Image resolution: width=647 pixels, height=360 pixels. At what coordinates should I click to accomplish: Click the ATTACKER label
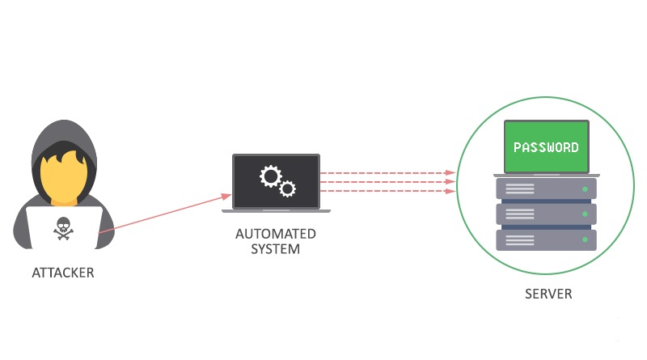pyautogui.click(x=63, y=273)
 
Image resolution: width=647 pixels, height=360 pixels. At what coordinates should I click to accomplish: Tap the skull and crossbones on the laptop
pyautogui.click(x=64, y=228)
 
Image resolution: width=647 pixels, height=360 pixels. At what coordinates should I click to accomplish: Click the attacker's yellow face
pyautogui.click(x=64, y=177)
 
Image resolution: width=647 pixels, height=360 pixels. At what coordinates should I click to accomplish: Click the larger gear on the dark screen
pyautogui.click(x=271, y=176)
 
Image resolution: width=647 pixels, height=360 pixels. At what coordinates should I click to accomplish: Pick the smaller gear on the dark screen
pyautogui.click(x=287, y=189)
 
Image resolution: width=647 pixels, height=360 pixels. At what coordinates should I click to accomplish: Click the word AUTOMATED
pyautogui.click(x=276, y=234)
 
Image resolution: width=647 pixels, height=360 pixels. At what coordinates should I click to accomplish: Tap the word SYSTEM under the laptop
pyautogui.click(x=276, y=249)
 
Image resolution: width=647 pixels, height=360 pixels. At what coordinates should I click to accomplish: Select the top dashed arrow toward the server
pyautogui.click(x=388, y=172)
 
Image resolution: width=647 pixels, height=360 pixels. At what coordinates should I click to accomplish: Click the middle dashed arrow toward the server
pyautogui.click(x=388, y=182)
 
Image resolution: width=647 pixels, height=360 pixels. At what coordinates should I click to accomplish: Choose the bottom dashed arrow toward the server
pyautogui.click(x=388, y=191)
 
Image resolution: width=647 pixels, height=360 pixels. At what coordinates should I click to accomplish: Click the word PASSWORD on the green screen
pyautogui.click(x=546, y=147)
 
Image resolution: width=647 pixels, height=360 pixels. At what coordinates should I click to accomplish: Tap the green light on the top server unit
pyautogui.click(x=585, y=189)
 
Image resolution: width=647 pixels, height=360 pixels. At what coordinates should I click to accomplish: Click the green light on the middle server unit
pyautogui.click(x=585, y=214)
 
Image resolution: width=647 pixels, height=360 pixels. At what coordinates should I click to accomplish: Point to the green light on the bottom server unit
pyautogui.click(x=585, y=239)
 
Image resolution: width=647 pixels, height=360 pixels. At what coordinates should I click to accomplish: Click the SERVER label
pyautogui.click(x=548, y=294)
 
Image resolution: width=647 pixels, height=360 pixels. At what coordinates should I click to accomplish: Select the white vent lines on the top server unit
pyautogui.click(x=520, y=189)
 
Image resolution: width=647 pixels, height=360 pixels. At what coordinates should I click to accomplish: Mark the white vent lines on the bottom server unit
pyautogui.click(x=520, y=239)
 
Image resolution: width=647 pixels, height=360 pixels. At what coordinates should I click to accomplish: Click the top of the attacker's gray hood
pyautogui.click(x=64, y=122)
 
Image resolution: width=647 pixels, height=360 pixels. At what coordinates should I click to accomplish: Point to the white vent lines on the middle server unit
pyautogui.click(x=520, y=214)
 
